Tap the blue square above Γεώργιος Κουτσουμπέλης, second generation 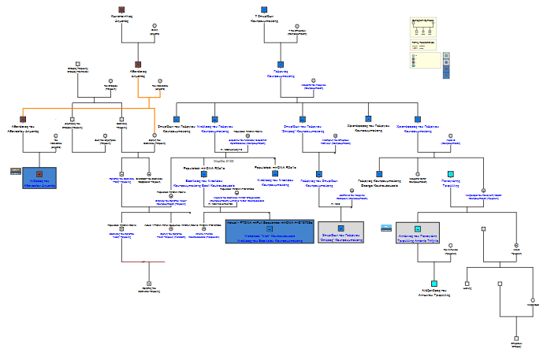tap(280, 65)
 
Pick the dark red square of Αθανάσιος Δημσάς tap(137, 65)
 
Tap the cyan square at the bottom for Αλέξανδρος tap(434, 284)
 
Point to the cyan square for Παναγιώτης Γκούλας tap(451, 173)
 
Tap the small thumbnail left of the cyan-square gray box tap(385, 227)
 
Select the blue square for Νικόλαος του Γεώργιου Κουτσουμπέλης tap(214, 119)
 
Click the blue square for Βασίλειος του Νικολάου tap(203, 173)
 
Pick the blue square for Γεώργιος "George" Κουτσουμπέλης tap(379, 173)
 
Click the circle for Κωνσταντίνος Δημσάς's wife tap(154, 26)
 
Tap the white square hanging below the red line tap(147, 283)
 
